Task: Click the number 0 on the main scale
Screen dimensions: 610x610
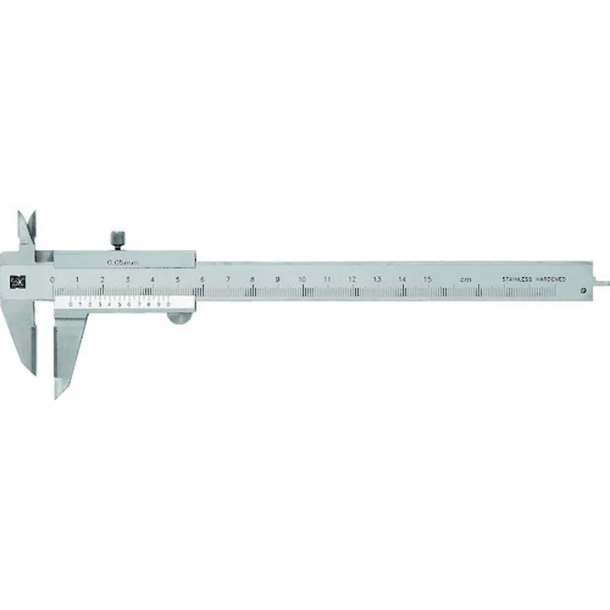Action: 52,280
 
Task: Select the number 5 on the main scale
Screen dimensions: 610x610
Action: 177,280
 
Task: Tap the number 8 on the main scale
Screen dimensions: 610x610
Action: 252,280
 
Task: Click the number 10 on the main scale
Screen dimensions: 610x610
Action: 302,280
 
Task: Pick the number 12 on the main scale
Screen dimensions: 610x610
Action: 352,280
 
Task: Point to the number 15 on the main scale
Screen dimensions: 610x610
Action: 427,280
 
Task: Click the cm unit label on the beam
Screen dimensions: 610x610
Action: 465,280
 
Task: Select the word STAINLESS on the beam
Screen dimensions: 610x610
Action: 518,280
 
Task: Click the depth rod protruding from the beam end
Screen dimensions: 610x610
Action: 602,280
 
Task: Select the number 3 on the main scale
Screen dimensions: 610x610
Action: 127,280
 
